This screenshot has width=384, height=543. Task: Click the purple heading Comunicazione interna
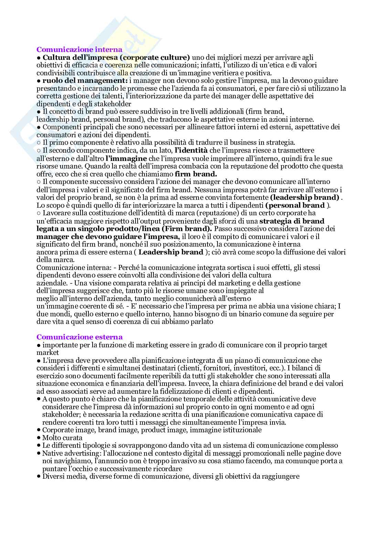(x=79, y=50)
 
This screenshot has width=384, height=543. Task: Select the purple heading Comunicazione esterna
(x=79, y=337)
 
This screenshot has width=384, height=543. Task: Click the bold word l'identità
(x=191, y=151)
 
